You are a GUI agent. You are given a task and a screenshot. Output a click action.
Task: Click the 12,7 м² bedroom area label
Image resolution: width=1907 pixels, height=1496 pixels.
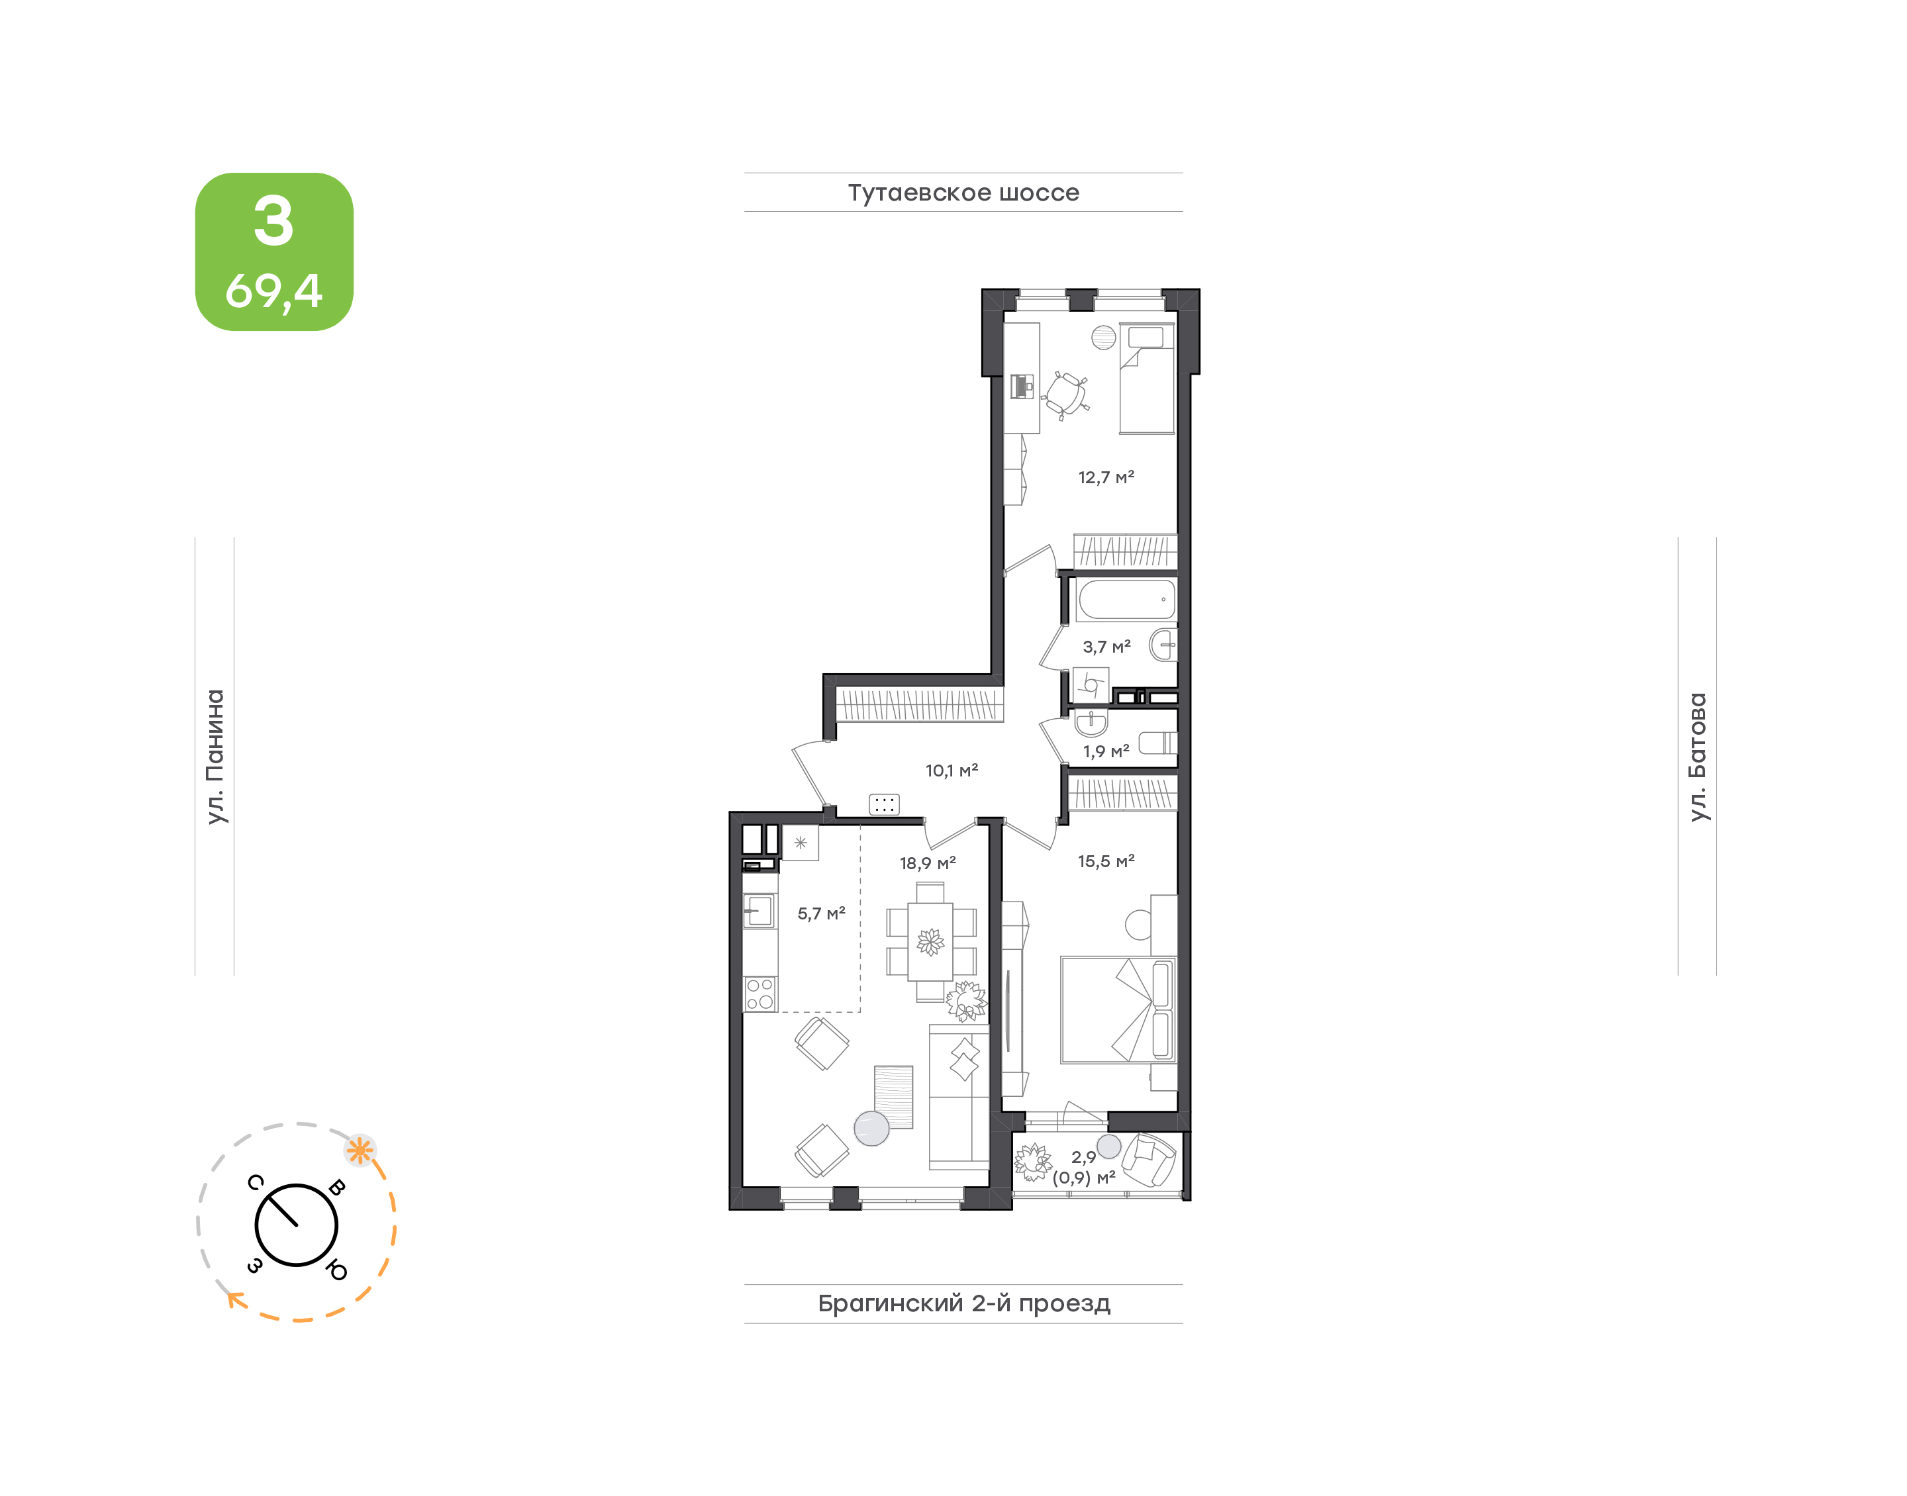(x=1106, y=477)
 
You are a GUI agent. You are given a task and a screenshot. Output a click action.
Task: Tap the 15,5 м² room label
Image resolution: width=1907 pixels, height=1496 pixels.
(x=1106, y=861)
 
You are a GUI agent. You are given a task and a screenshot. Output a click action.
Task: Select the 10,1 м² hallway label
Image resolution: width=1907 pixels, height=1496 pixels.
(x=952, y=771)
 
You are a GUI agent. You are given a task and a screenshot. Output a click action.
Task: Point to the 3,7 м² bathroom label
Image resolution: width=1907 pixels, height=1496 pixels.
(x=1106, y=647)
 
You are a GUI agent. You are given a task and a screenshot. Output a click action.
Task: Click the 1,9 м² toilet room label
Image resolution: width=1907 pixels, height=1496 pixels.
(x=1106, y=751)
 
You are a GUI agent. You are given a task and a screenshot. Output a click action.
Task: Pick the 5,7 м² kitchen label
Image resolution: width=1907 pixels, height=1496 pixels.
(x=821, y=913)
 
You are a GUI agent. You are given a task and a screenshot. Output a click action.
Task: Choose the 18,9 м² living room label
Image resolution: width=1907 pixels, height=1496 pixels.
(x=928, y=863)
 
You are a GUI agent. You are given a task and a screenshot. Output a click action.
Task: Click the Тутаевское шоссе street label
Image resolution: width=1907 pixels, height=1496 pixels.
(x=963, y=193)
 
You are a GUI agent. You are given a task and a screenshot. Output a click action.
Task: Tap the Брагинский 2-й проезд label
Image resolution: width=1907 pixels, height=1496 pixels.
(x=963, y=1303)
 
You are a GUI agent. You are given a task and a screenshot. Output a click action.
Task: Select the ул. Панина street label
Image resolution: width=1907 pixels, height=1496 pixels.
(x=215, y=757)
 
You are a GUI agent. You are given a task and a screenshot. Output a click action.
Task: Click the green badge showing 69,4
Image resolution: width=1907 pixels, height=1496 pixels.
(x=274, y=252)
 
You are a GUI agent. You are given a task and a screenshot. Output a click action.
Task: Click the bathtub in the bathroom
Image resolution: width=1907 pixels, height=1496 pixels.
(x=1126, y=600)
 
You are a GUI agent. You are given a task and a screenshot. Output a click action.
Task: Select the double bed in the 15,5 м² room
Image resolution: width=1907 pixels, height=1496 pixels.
(x=1118, y=1010)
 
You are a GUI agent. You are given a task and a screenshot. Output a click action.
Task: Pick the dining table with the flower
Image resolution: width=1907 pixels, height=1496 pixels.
(x=930, y=941)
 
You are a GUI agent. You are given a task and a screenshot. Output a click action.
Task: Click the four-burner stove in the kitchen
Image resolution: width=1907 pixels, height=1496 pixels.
(x=759, y=994)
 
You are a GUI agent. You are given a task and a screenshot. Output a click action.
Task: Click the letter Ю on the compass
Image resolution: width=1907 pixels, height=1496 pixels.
(x=336, y=1269)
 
